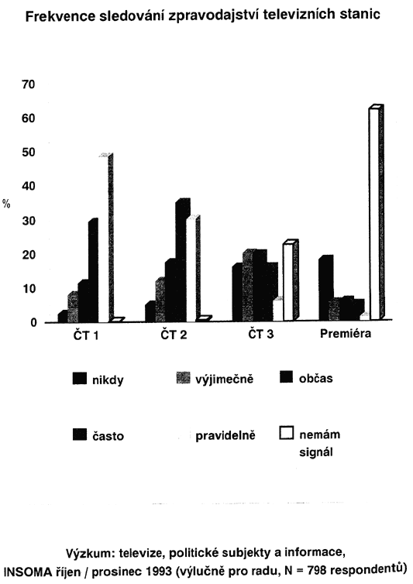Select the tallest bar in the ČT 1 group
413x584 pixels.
[x=106, y=238]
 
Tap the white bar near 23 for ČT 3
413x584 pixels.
[x=291, y=280]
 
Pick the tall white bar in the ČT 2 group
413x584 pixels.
[x=193, y=269]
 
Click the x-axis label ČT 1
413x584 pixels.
[x=86, y=335]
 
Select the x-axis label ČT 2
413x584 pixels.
[x=174, y=335]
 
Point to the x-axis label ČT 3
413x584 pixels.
[x=261, y=334]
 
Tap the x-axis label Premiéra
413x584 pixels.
[x=346, y=333]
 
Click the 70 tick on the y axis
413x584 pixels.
[x=29, y=84]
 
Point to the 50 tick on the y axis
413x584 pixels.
[x=29, y=153]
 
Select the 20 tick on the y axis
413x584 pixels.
[x=29, y=255]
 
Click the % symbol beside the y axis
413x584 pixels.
[x=6, y=204]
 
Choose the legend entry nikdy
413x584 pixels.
[x=98, y=380]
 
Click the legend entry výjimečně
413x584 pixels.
[x=215, y=379]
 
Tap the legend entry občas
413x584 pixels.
[x=306, y=378]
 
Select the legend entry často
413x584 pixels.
[x=98, y=435]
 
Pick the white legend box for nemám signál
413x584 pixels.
[x=286, y=433]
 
